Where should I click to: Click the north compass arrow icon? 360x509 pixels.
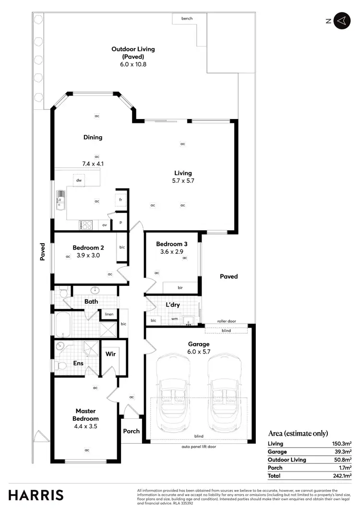click(341, 21)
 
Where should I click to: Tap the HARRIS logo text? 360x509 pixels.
click(36, 495)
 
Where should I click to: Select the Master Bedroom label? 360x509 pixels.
click(86, 414)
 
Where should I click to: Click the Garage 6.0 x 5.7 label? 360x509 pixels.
click(199, 348)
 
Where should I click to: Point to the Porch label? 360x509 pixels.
click(131, 431)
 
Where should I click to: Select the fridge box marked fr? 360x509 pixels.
click(121, 199)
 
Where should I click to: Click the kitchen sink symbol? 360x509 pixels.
click(60, 199)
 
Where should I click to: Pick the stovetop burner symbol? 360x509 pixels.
click(86, 224)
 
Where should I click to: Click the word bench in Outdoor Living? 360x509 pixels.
click(187, 19)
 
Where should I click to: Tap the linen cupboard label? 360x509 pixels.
click(109, 315)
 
